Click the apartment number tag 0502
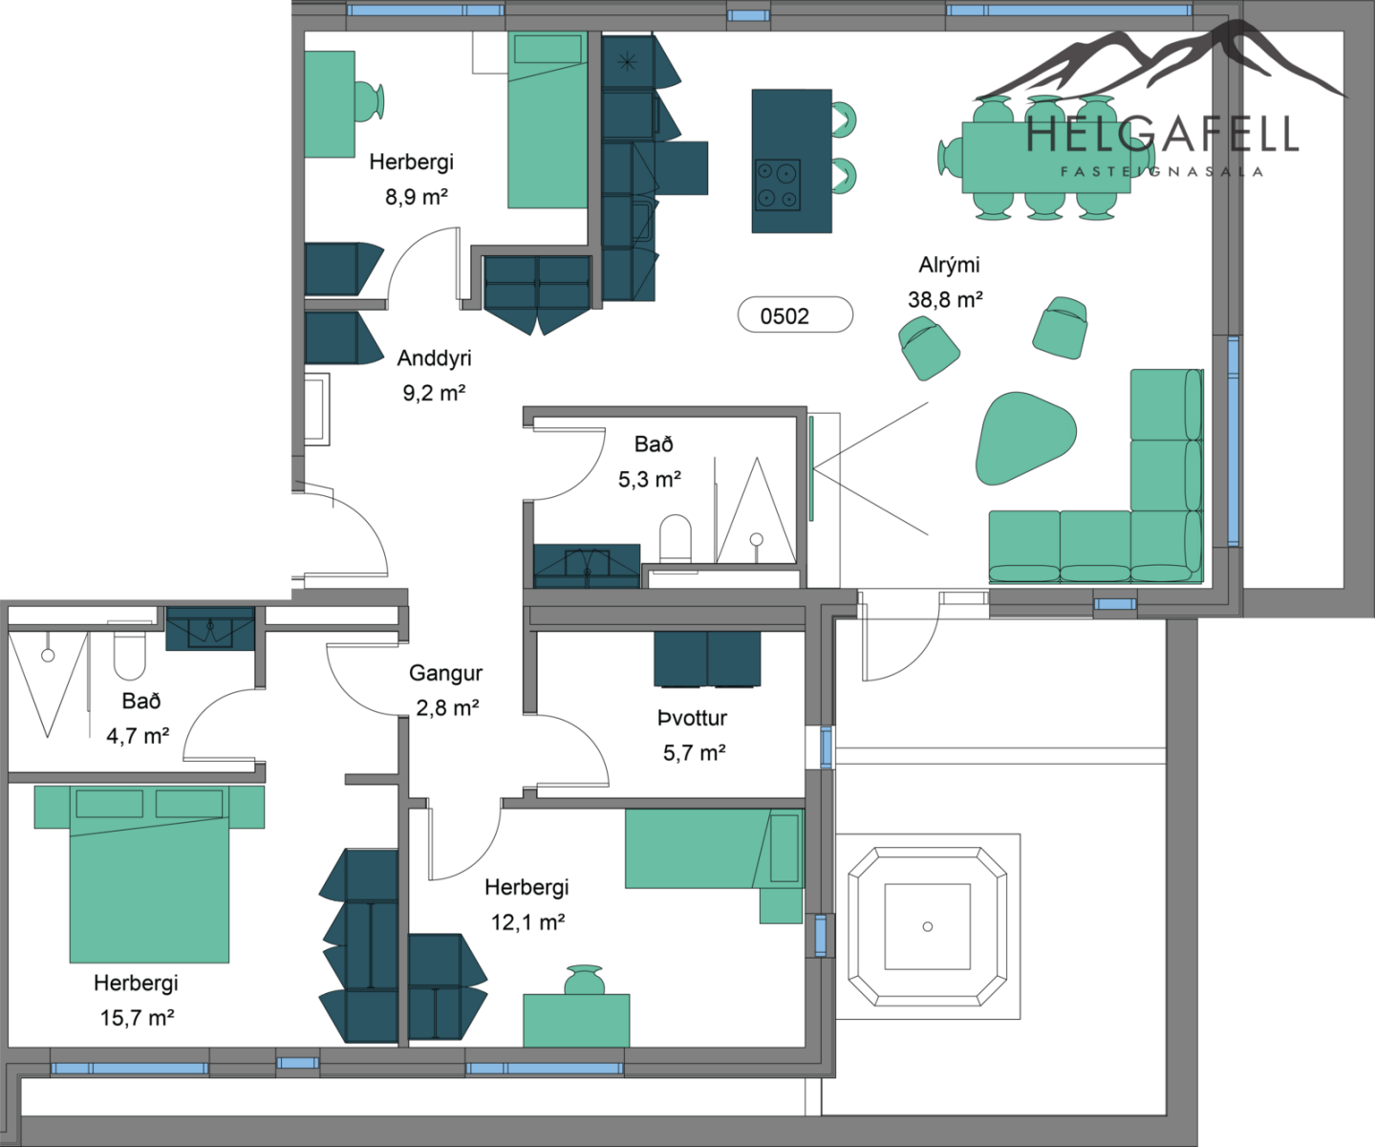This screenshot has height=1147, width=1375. coord(795,314)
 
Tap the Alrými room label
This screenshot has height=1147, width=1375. coord(949,265)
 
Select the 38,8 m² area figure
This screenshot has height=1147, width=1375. coord(946,300)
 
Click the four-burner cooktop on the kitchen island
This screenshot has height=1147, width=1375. coord(778,184)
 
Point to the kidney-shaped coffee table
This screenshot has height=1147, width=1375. coord(1024,438)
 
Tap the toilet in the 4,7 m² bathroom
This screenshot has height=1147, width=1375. coord(130,656)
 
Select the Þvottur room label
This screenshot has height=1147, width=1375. coord(692,718)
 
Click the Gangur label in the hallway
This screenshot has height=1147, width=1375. coord(446,673)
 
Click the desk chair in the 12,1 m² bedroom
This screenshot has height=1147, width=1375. coord(584,980)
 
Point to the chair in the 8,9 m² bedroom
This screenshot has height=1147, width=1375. coord(369,102)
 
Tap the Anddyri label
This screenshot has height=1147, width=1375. coord(434,358)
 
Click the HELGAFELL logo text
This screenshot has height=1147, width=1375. coord(1162,134)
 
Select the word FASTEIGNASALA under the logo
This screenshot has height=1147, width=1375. coord(1162,172)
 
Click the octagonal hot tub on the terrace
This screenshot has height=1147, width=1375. coord(927,927)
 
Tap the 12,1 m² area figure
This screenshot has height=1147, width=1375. coord(527,922)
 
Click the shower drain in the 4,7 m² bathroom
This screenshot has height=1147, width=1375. coord(48,655)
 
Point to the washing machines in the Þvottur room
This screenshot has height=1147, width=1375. coord(706,660)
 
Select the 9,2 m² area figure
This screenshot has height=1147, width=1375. coord(434,393)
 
